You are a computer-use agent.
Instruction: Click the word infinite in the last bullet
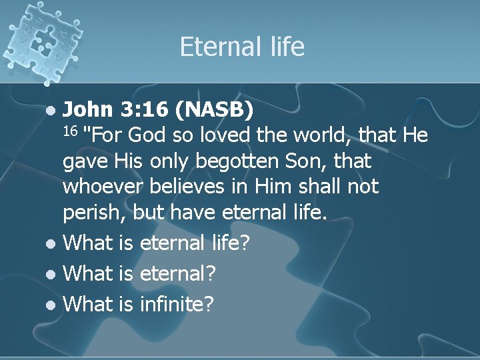click(177, 304)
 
